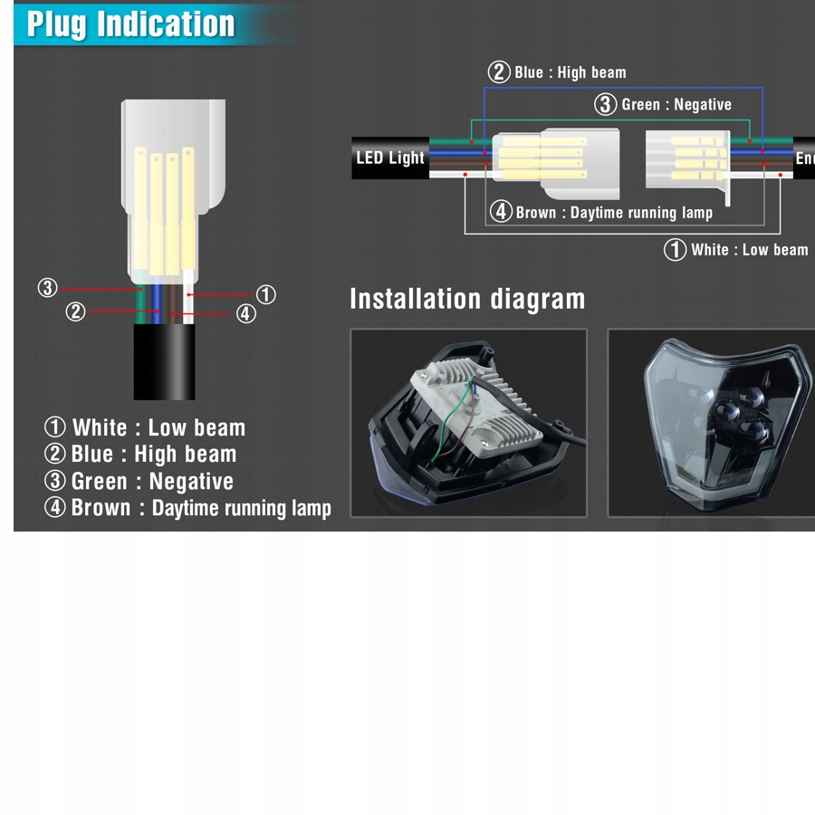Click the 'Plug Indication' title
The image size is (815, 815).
click(130, 24)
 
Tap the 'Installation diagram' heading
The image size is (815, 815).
click(467, 299)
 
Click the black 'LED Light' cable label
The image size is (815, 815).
click(389, 158)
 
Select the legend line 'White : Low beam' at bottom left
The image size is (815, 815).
click(145, 427)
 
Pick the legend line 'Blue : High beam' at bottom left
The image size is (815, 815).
click(140, 454)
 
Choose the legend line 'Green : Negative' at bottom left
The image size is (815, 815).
click(139, 481)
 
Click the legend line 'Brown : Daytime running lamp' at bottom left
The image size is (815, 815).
click(187, 508)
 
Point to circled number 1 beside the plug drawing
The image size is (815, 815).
click(265, 294)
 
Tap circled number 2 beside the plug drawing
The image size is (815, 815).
click(75, 312)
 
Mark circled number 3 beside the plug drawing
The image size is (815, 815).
click(47, 288)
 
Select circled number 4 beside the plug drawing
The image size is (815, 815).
click(245, 313)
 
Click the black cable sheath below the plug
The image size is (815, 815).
click(164, 361)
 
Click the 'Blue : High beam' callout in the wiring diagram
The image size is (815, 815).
click(557, 72)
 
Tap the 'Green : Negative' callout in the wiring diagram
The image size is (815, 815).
click(663, 104)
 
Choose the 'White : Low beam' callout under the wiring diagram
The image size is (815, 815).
click(736, 250)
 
